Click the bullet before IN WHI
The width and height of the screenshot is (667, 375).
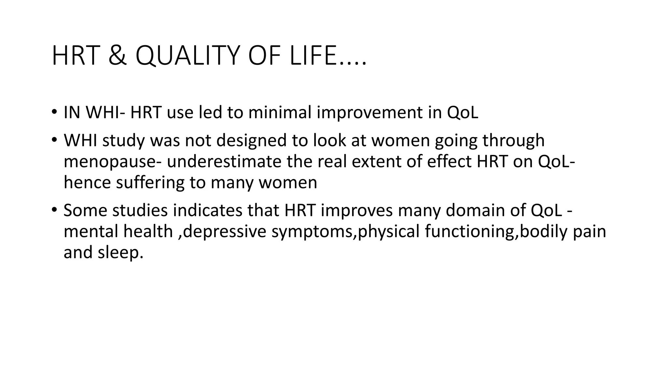54,112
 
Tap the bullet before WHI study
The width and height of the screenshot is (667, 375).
54,140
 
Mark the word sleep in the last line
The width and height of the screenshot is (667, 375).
120,253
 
